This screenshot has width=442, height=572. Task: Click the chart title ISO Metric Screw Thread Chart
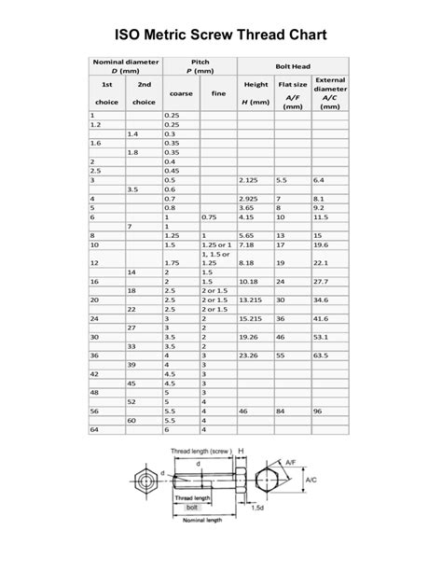221,35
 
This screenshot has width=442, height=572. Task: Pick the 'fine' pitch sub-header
218,92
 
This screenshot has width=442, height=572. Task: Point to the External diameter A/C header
329,92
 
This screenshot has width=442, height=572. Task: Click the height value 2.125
249,179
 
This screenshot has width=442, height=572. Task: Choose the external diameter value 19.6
322,245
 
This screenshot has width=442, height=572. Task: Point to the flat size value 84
281,410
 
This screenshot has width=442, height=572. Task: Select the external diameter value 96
318,410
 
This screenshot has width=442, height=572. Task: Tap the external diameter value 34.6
322,300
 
